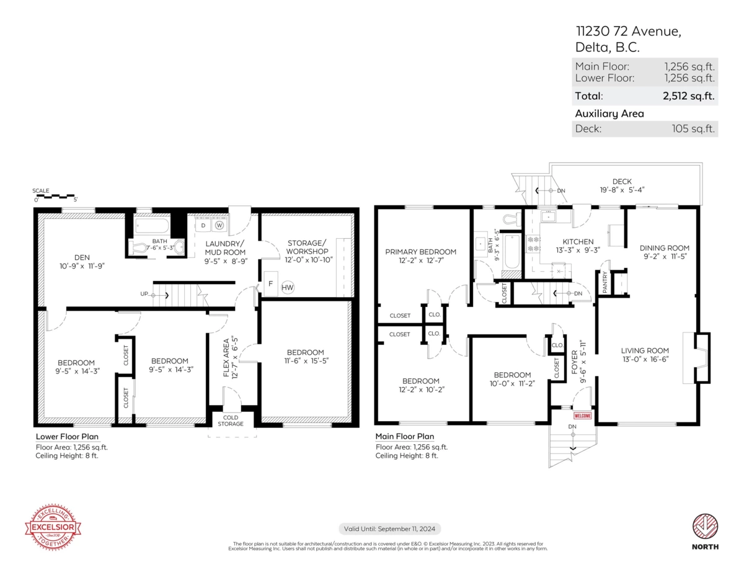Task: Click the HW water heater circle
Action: [x=288, y=287]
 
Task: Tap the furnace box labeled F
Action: [x=271, y=284]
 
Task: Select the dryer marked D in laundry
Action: [x=203, y=226]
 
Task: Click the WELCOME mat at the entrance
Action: [x=583, y=416]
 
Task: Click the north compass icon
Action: [x=706, y=527]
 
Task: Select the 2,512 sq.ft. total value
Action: [x=689, y=96]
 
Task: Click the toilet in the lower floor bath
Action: [x=141, y=247]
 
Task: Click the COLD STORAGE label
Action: [x=231, y=421]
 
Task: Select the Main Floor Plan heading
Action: [x=405, y=437]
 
